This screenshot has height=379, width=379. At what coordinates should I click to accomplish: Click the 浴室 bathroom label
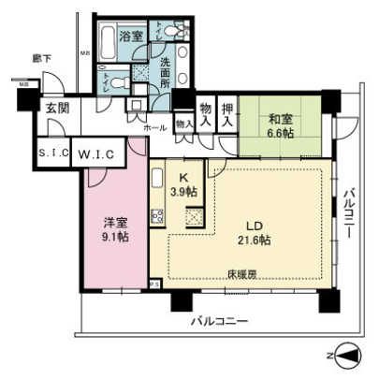pyautogui.click(x=130, y=36)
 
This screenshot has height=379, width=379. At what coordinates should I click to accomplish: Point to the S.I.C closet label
pyautogui.click(x=51, y=153)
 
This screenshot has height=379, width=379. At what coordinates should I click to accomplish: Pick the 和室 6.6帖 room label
pyautogui.click(x=280, y=125)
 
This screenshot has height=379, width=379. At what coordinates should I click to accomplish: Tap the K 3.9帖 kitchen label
pyautogui.click(x=186, y=184)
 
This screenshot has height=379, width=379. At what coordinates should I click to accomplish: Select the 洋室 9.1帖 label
pyautogui.click(x=116, y=229)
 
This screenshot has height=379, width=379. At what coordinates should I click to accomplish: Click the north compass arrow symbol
pyautogui.click(x=345, y=356)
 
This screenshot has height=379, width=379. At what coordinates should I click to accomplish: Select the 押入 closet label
pyautogui.click(x=226, y=113)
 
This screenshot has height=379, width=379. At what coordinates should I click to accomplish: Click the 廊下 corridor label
pyautogui.click(x=40, y=58)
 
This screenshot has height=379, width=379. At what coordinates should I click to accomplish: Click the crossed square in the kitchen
pyautogui.click(x=194, y=218)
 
